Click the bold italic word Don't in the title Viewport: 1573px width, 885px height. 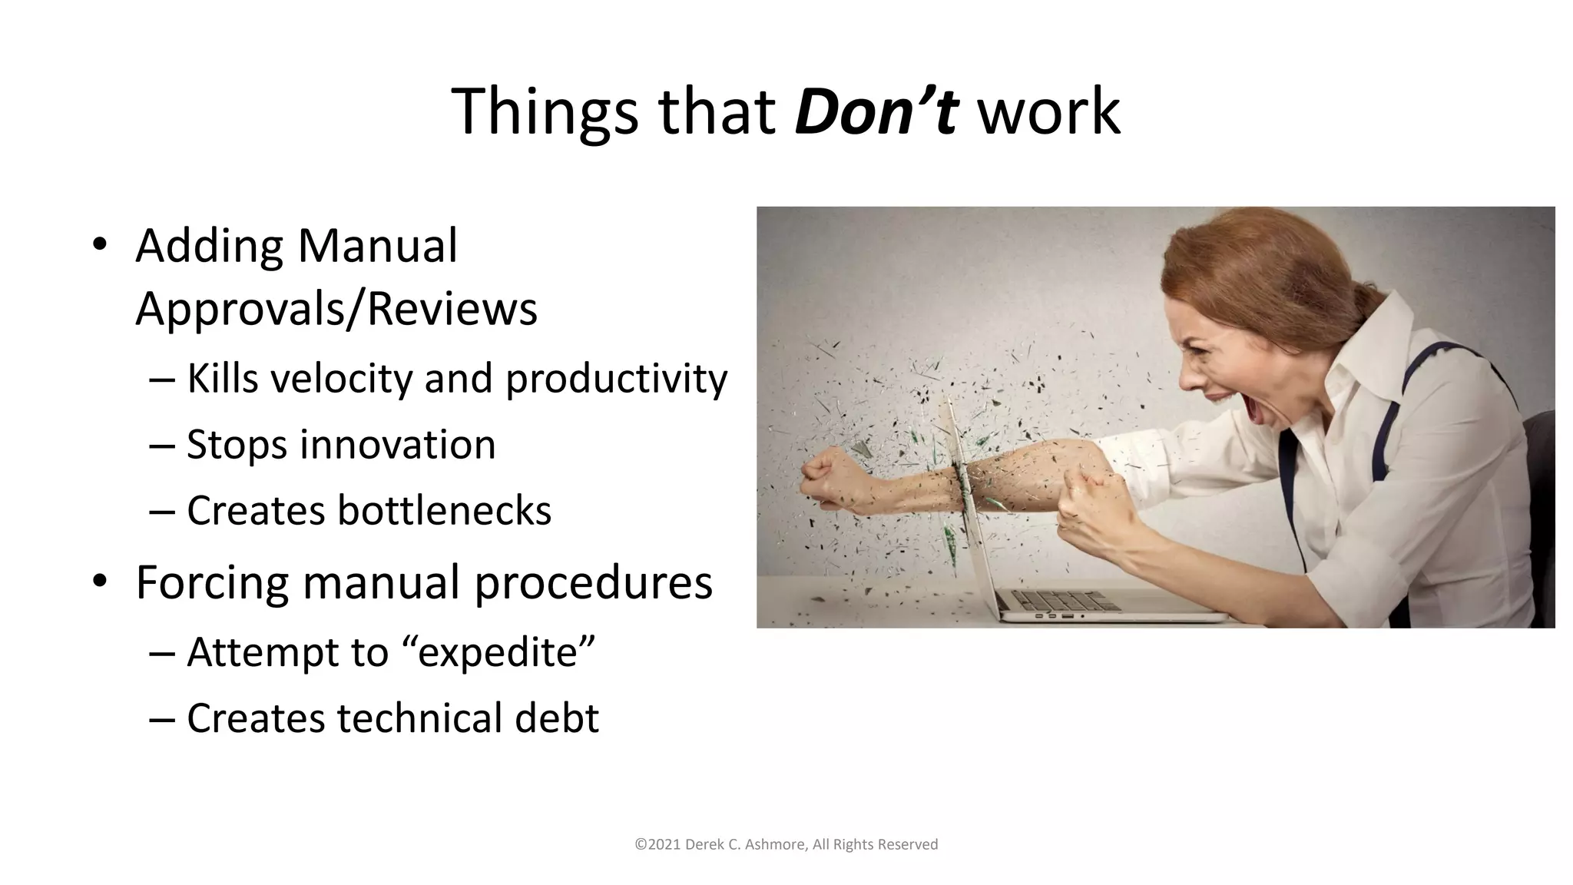click(876, 112)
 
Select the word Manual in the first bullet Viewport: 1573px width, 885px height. click(377, 247)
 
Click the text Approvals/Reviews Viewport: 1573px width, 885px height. click(336, 309)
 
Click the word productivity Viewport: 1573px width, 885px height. click(616, 379)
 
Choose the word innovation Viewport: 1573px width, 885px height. click(398, 445)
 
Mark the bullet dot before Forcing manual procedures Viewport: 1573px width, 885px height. click(100, 582)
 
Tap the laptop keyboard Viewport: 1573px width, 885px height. click(1068, 598)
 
